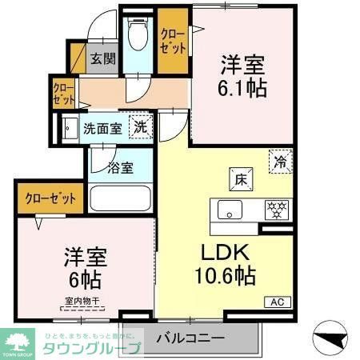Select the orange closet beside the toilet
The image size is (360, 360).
point(172,42)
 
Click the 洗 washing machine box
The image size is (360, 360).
point(141,126)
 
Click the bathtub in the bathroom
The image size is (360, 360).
point(121,198)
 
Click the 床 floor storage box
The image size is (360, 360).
point(241,178)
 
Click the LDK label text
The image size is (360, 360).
point(224,254)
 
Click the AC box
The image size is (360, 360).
point(277,302)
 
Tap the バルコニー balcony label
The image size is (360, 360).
point(190,336)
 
